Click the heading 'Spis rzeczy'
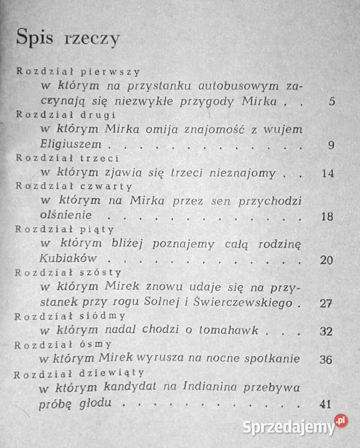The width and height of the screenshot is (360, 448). [x=68, y=38]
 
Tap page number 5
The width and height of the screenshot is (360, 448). [x=332, y=101]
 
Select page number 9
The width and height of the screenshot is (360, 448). [x=331, y=146]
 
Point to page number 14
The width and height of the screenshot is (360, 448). [x=329, y=173]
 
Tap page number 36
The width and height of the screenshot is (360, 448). [x=325, y=360]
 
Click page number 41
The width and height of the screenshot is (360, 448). [x=324, y=404]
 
